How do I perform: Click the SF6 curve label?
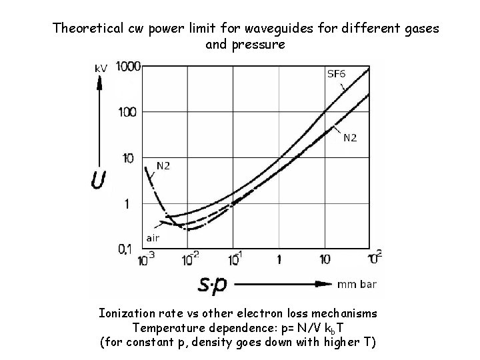(336, 73)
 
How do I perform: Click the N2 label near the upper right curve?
(349, 138)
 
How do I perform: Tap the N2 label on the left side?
(163, 165)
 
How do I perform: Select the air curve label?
(153, 237)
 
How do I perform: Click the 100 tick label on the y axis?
(127, 111)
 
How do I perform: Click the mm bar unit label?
(357, 285)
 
